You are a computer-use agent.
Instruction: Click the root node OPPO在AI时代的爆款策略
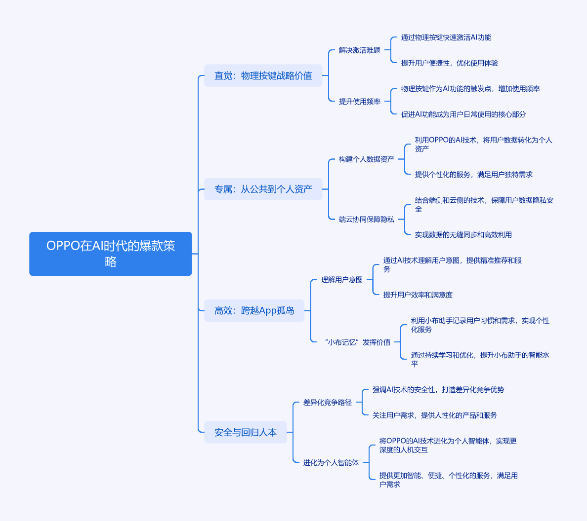(x=111, y=254)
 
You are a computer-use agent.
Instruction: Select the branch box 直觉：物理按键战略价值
(x=263, y=75)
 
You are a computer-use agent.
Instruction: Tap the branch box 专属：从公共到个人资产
(x=263, y=189)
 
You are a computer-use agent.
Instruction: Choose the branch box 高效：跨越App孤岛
(x=254, y=311)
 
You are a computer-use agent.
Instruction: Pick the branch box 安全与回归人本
(x=245, y=432)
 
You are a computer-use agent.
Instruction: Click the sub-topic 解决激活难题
(x=359, y=50)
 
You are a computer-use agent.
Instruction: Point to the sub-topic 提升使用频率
(x=359, y=101)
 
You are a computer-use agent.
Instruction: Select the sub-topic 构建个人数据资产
(x=367, y=159)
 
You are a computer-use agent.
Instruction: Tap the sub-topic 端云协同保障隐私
(x=367, y=220)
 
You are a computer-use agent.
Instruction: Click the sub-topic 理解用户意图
(x=342, y=280)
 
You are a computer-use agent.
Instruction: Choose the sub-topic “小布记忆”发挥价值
(x=358, y=342)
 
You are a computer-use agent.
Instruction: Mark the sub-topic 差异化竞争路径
(x=327, y=403)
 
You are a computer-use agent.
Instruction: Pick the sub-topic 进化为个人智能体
(x=331, y=463)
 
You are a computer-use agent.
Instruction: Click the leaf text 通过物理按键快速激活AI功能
(x=446, y=37)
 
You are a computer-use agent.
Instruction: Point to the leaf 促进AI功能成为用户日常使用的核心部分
(x=463, y=114)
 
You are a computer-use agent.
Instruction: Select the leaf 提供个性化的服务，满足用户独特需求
(x=473, y=175)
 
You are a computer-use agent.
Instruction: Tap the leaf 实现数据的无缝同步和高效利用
(x=463, y=235)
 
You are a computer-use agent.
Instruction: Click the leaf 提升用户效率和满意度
(x=418, y=295)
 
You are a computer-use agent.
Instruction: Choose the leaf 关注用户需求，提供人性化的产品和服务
(x=435, y=415)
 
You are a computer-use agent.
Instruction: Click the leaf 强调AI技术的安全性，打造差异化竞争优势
(x=438, y=390)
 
